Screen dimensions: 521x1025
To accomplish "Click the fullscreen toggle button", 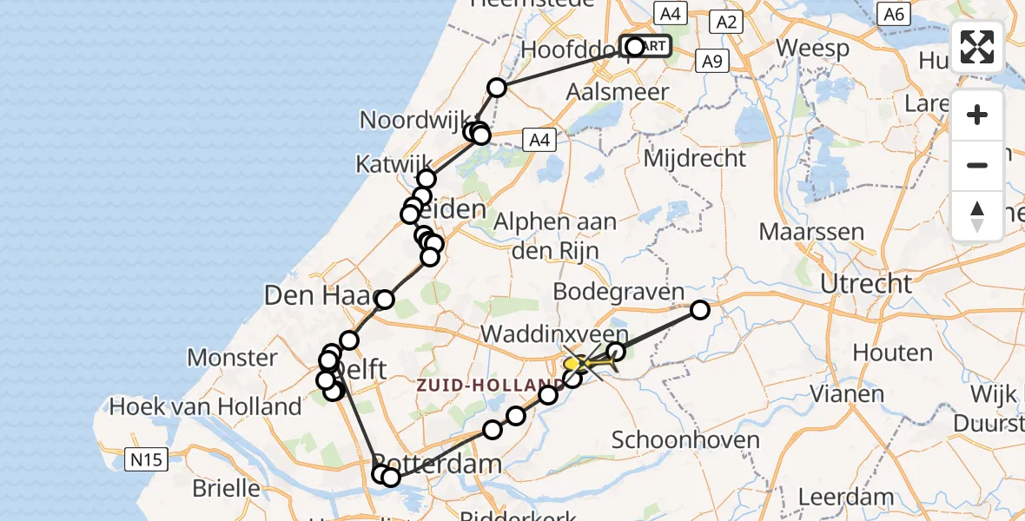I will pyautogui.click(x=977, y=47).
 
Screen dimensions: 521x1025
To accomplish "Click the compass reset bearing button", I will pyautogui.click(x=977, y=215).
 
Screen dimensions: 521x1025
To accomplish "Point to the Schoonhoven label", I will pyautogui.click(x=685, y=439).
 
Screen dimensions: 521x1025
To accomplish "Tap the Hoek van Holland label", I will pyautogui.click(x=205, y=406).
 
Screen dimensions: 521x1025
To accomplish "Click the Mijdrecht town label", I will pyautogui.click(x=694, y=159).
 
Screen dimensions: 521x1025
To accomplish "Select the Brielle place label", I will pyautogui.click(x=226, y=487).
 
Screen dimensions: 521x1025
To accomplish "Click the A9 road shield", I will pyautogui.click(x=711, y=61).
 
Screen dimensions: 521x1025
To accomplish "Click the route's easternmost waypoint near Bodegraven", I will pyautogui.click(x=699, y=310).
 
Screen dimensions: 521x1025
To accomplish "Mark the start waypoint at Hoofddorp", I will pyautogui.click(x=635, y=47).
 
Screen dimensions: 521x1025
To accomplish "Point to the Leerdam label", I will pyautogui.click(x=846, y=498).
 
